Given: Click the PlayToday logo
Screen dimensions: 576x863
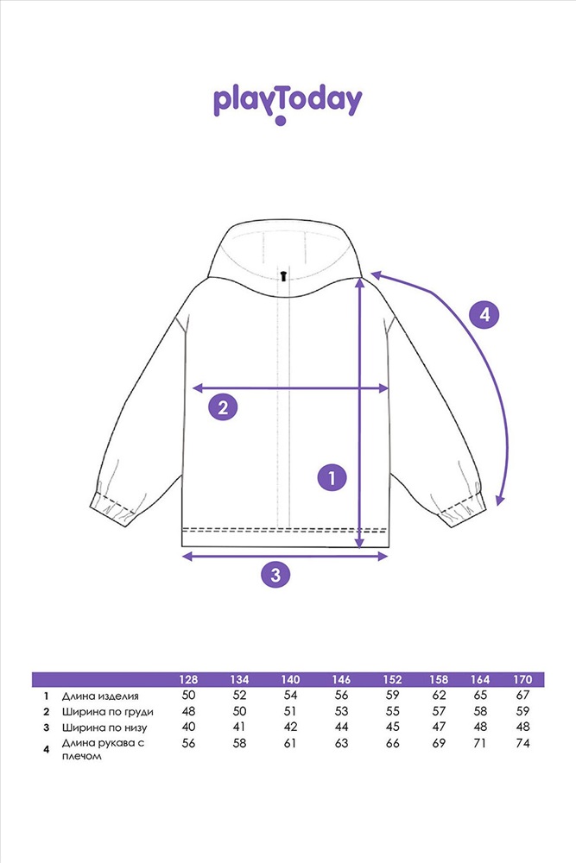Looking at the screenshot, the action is [x=288, y=104].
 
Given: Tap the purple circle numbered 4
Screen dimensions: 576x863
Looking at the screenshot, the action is [x=484, y=315].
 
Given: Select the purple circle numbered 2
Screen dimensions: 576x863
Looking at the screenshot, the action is [x=223, y=408].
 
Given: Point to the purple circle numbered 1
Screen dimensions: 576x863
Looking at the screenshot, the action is [x=332, y=477].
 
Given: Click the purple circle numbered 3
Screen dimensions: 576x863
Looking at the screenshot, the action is [x=275, y=575].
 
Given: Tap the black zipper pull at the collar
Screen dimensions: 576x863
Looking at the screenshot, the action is [x=283, y=275].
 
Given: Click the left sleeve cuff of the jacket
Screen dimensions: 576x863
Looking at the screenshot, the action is [x=113, y=510].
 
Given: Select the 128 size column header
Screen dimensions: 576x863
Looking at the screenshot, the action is [x=188, y=679].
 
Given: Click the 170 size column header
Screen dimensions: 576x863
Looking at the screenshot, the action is [x=522, y=679].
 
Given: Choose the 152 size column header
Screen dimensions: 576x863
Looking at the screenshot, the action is [x=393, y=679].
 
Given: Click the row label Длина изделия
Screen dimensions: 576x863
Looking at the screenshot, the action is [x=100, y=696].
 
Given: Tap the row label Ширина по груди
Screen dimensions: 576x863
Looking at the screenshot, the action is [x=107, y=712].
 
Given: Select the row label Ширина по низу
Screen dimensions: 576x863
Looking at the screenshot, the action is [x=104, y=728].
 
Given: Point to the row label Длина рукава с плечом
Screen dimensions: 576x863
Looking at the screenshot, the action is [x=103, y=749].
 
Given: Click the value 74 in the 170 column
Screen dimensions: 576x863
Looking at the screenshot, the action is [x=522, y=743].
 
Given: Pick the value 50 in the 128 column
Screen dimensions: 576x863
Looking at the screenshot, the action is [x=188, y=695].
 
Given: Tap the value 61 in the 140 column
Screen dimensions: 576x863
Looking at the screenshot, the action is [x=290, y=743].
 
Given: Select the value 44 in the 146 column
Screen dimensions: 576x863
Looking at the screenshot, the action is [x=341, y=727].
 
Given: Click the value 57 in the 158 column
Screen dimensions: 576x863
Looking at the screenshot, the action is [x=439, y=711].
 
